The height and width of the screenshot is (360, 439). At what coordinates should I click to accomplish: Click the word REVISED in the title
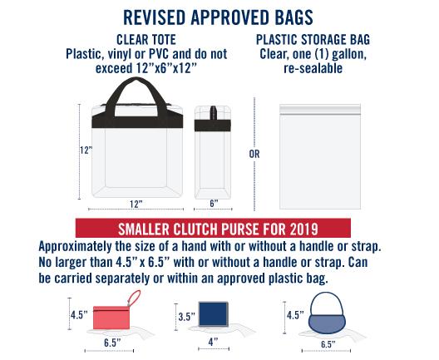tap(155, 17)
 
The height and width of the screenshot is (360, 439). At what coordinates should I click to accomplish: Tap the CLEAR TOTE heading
tap(146, 40)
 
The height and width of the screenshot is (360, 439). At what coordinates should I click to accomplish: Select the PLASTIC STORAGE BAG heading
tap(313, 40)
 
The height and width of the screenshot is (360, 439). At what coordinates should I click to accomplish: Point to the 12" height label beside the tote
tap(86, 150)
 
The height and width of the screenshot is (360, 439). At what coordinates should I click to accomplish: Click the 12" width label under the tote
tap(136, 204)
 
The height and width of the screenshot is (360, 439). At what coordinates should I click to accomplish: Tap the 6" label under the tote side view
tap(214, 204)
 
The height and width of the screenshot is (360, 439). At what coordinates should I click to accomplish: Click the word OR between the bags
tap(254, 154)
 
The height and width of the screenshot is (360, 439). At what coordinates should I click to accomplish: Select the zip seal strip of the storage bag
tap(320, 109)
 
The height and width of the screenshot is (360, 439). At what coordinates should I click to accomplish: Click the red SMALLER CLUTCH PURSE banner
tap(213, 228)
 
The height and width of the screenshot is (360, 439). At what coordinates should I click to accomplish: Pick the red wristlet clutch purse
tap(111, 318)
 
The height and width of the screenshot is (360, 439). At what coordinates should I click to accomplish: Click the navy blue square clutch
tap(213, 314)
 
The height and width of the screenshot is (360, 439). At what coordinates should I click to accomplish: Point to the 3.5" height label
tap(187, 317)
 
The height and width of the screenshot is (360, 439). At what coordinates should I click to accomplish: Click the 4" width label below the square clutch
tap(214, 342)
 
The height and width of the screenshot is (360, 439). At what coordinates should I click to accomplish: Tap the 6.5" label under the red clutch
tap(112, 343)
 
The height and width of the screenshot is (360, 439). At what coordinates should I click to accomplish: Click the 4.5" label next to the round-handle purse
tap(295, 315)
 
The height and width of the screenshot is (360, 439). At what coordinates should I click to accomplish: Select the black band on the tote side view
tap(213, 126)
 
